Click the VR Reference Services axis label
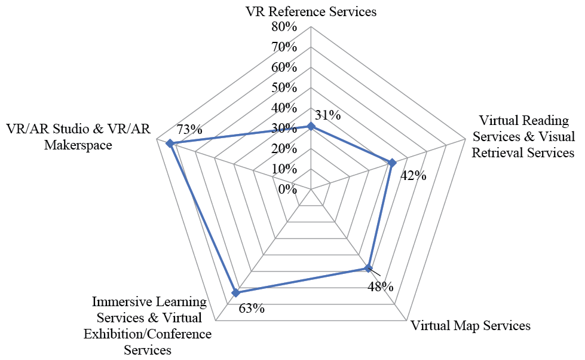tap(311, 11)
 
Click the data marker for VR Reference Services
tap(311, 126)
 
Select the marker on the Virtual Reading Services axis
tap(392, 163)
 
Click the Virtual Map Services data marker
tap(369, 268)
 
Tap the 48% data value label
tap(381, 287)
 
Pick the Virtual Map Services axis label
tap(470, 326)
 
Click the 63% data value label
tap(252, 309)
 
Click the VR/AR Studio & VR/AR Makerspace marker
tap(170, 143)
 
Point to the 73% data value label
tap(189, 129)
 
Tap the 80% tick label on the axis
tap(284, 26)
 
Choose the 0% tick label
tap(287, 190)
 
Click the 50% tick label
tap(284, 87)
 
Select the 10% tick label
tap(284, 169)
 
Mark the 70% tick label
tap(284, 47)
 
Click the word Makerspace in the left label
tap(78, 145)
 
